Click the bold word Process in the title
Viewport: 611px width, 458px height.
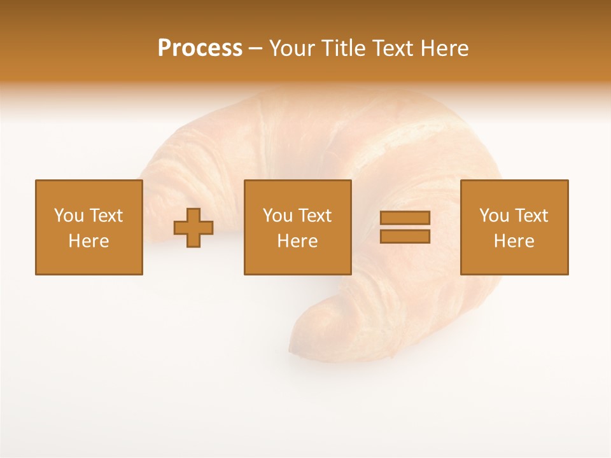(x=200, y=48)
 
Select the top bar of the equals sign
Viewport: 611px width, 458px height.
(x=405, y=218)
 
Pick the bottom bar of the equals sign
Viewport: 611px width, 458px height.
(x=405, y=237)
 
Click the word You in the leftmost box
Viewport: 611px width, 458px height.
(x=69, y=216)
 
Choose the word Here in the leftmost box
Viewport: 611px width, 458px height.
(x=88, y=241)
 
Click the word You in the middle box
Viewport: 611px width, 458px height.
(x=277, y=216)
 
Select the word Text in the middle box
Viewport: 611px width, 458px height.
(x=314, y=216)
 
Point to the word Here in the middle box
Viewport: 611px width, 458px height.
(x=297, y=241)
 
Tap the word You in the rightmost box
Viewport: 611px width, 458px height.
(x=494, y=216)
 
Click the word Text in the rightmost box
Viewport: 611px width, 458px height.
(x=531, y=216)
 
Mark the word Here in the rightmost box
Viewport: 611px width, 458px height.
(x=514, y=241)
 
